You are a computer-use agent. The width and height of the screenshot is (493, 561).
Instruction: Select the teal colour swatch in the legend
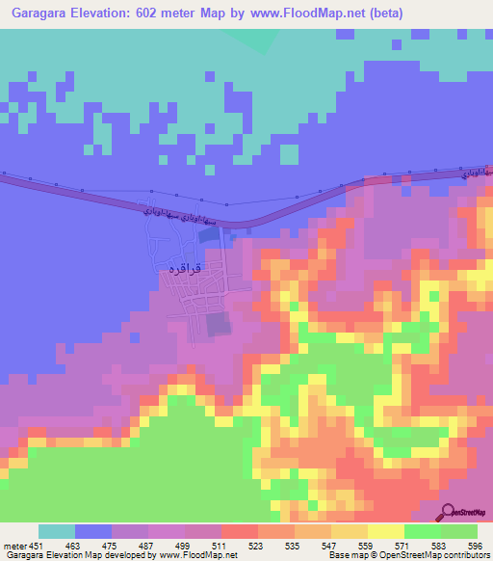(x=56, y=532)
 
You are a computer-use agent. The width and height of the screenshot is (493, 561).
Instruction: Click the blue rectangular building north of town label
(x=210, y=234)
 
